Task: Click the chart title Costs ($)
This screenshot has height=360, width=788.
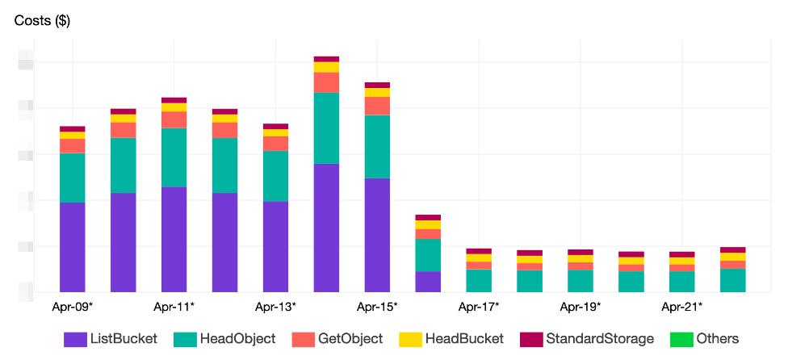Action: [42, 21]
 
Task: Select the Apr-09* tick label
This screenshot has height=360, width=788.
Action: [72, 307]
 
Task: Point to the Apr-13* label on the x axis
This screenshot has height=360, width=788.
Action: [275, 307]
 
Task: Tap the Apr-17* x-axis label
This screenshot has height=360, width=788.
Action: [479, 307]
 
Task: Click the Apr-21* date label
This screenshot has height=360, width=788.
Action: [682, 307]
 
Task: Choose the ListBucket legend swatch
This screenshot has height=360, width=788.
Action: [75, 339]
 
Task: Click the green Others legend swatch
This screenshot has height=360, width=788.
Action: [678, 339]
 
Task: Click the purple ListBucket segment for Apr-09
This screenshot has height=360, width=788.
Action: [73, 246]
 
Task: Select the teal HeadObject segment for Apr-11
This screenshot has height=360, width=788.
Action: [174, 157]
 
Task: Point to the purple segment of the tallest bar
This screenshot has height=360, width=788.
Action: [326, 227]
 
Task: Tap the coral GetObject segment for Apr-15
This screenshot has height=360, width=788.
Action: [377, 106]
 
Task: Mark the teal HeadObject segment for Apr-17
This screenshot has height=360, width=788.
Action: [479, 280]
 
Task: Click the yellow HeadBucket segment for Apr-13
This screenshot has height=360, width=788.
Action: [275, 132]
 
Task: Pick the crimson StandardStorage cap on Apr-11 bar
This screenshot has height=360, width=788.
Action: [174, 100]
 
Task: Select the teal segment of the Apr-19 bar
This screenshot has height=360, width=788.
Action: [581, 281]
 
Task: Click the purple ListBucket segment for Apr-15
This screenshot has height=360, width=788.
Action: [377, 234]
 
